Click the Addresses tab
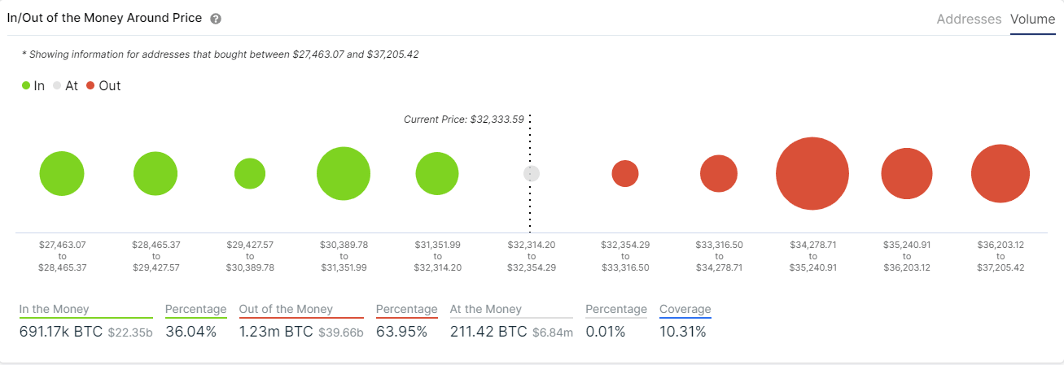pyautogui.click(x=969, y=19)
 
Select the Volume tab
pyautogui.click(x=1032, y=19)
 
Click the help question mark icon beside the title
pyautogui.click(x=216, y=19)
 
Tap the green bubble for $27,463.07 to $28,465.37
pyautogui.click(x=62, y=174)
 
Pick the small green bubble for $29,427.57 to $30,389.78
pyautogui.click(x=250, y=173)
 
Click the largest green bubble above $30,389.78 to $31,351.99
pyautogui.click(x=344, y=173)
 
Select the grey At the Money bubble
pyautogui.click(x=532, y=173)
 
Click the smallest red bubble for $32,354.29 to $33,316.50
pyautogui.click(x=625, y=173)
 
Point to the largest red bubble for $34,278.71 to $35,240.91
pyautogui.click(x=812, y=174)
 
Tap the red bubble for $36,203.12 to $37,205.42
pyautogui.click(x=1001, y=174)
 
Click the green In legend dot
pyautogui.click(x=27, y=85)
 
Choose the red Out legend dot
pyautogui.click(x=90, y=85)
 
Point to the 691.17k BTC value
pyautogui.click(x=60, y=332)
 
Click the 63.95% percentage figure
pyautogui.click(x=401, y=332)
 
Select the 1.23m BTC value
pyautogui.click(x=276, y=332)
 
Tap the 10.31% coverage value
pyautogui.click(x=682, y=332)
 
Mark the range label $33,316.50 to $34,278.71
pyautogui.click(x=719, y=256)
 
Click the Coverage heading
pyautogui.click(x=685, y=309)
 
